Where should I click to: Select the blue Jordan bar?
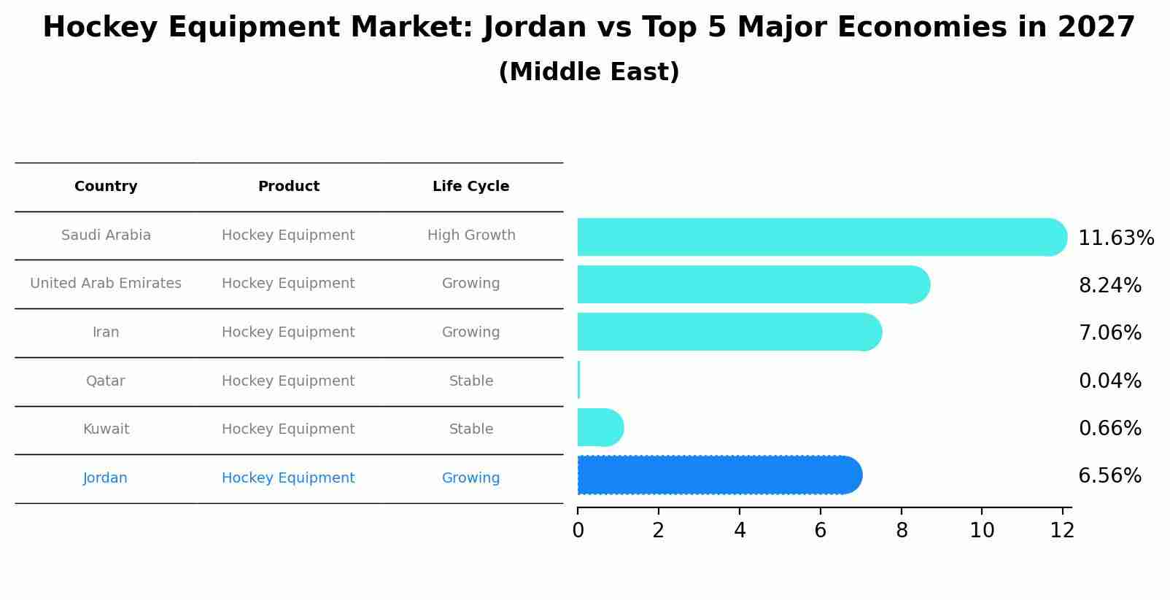click(718, 475)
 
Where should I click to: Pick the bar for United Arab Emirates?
click(751, 284)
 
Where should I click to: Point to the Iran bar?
click(728, 332)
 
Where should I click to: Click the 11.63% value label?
click(1115, 238)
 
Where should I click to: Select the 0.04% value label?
click(1109, 381)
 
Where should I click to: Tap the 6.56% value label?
click(1109, 476)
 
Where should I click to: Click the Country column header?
click(106, 187)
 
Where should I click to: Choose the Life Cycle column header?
click(470, 187)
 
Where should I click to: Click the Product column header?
click(288, 187)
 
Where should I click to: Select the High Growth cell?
click(470, 235)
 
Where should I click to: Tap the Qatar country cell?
click(105, 381)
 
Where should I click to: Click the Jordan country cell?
click(105, 478)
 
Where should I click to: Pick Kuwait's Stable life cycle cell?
click(470, 429)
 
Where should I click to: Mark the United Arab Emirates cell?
click(106, 284)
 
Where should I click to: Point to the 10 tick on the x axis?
click(982, 531)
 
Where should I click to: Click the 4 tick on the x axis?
click(740, 531)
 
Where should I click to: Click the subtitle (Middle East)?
click(589, 72)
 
